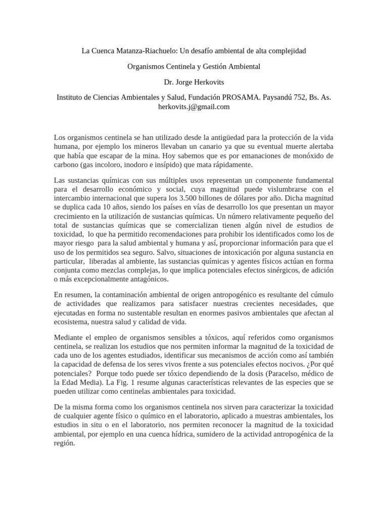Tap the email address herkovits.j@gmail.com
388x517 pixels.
pos(194,107)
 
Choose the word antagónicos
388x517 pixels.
pos(143,279)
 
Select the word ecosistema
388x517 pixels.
pos(72,322)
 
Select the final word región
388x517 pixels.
pos(64,443)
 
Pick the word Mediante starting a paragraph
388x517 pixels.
pos(69,337)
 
